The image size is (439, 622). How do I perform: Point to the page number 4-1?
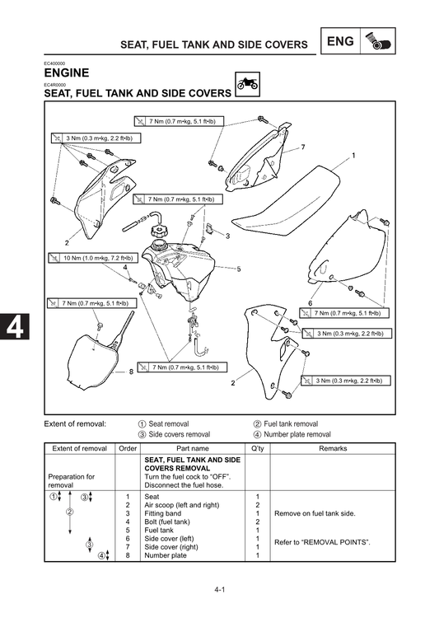click(x=220, y=590)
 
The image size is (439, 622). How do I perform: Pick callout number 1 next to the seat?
click(x=353, y=155)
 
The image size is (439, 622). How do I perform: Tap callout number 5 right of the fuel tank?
click(x=239, y=269)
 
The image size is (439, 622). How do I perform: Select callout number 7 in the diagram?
click(x=302, y=147)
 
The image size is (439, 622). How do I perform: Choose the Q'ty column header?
click(x=257, y=448)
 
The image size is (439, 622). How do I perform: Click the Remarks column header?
click(x=333, y=448)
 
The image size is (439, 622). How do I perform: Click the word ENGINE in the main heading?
click(x=72, y=73)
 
